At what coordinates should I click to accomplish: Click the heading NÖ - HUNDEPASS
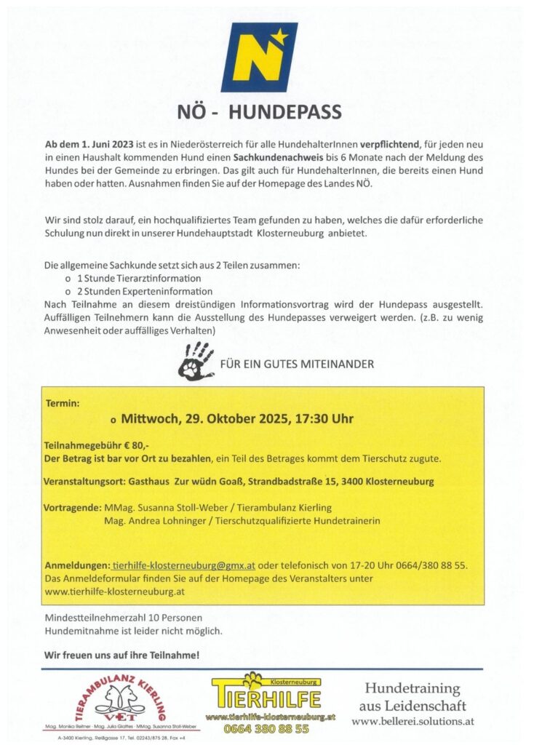pyautogui.click(x=259, y=112)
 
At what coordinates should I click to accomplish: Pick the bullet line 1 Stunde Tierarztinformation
pyautogui.click(x=139, y=279)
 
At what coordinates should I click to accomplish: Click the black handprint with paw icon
pyautogui.click(x=196, y=361)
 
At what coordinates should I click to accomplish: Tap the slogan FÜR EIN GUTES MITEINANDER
pyautogui.click(x=297, y=363)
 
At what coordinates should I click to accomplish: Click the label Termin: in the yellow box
pyautogui.click(x=62, y=402)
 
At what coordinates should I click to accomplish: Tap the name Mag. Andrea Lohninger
pyautogui.click(x=148, y=521)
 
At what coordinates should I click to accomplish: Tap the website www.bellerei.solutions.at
pyautogui.click(x=413, y=721)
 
